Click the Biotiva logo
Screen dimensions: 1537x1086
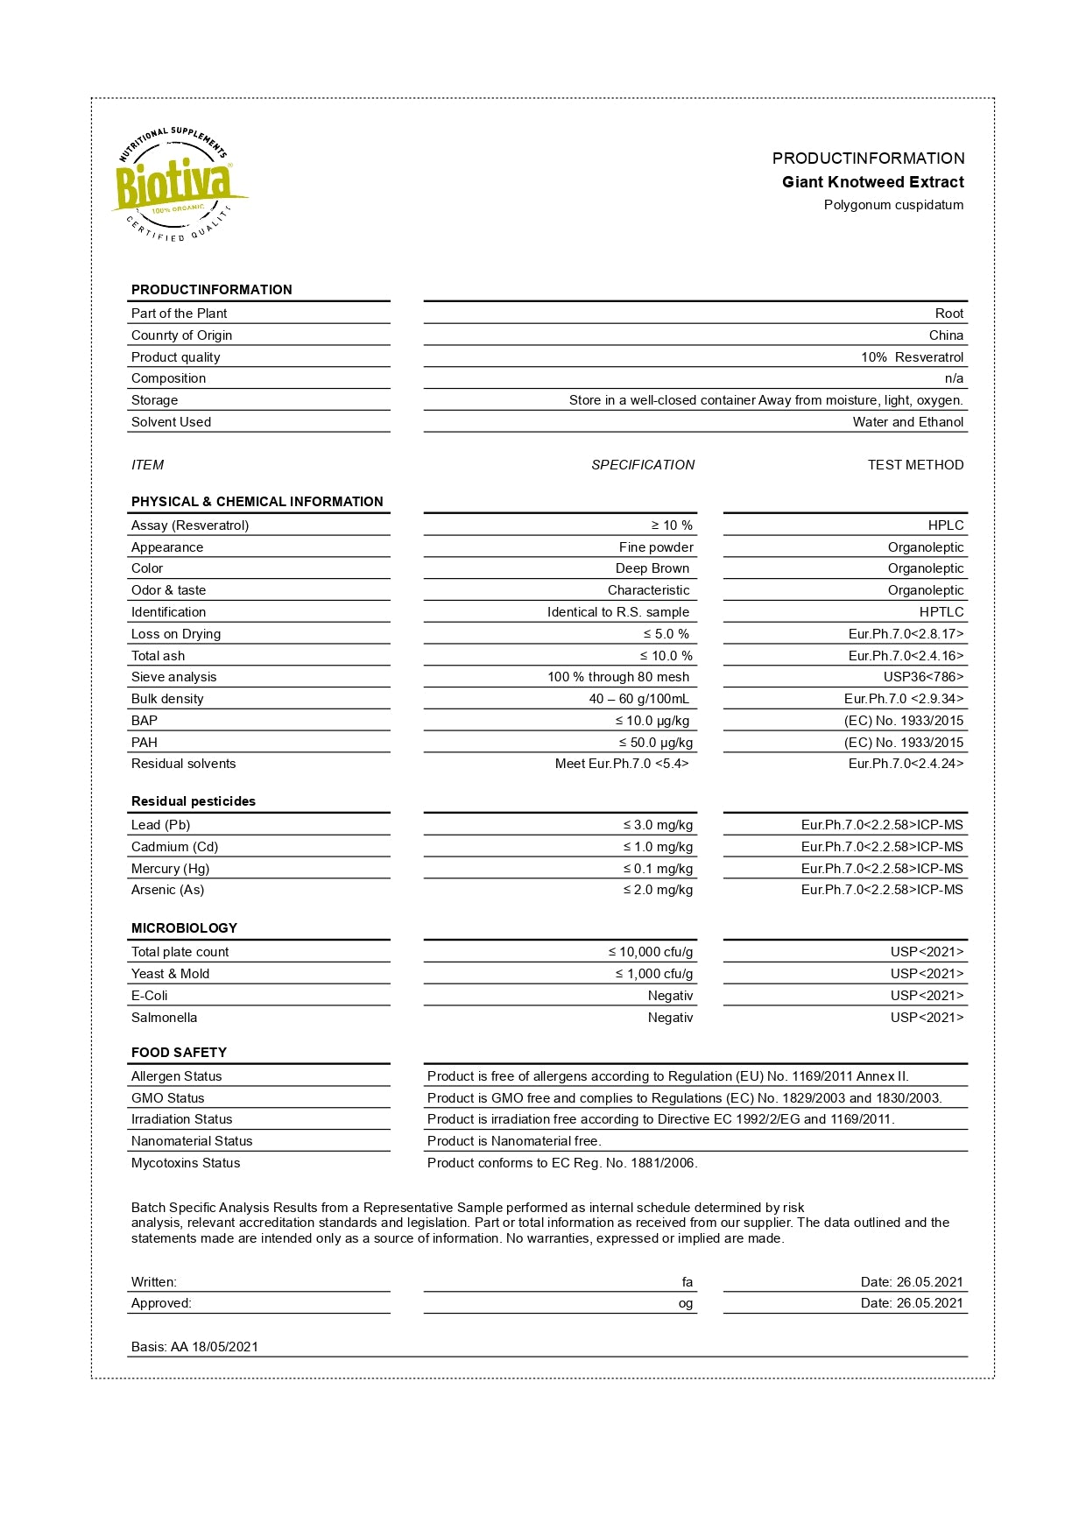(178, 185)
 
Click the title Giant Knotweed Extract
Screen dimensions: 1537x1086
(872, 182)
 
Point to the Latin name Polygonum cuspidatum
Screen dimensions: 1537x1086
(892, 205)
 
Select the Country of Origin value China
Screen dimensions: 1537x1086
(946, 335)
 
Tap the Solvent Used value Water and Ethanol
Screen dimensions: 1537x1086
(907, 422)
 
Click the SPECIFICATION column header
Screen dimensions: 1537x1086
(642, 465)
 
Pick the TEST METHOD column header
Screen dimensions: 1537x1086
(915, 465)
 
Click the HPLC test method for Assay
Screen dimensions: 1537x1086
(945, 525)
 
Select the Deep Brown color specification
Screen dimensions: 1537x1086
(652, 568)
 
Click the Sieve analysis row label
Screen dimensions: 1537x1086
(173, 677)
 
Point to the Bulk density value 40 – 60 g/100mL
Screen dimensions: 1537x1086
(638, 699)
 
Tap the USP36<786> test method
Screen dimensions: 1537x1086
(923, 677)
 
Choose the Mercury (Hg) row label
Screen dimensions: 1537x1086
(170, 869)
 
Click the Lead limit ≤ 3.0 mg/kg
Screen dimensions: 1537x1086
(658, 825)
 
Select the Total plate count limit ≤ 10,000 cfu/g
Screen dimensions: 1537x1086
(650, 952)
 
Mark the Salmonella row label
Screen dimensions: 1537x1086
(164, 1018)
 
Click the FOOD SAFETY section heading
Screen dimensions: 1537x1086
(179, 1053)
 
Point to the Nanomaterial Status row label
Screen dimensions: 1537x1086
(191, 1141)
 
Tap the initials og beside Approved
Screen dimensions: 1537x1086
(685, 1303)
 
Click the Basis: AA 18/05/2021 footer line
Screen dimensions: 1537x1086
(194, 1347)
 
